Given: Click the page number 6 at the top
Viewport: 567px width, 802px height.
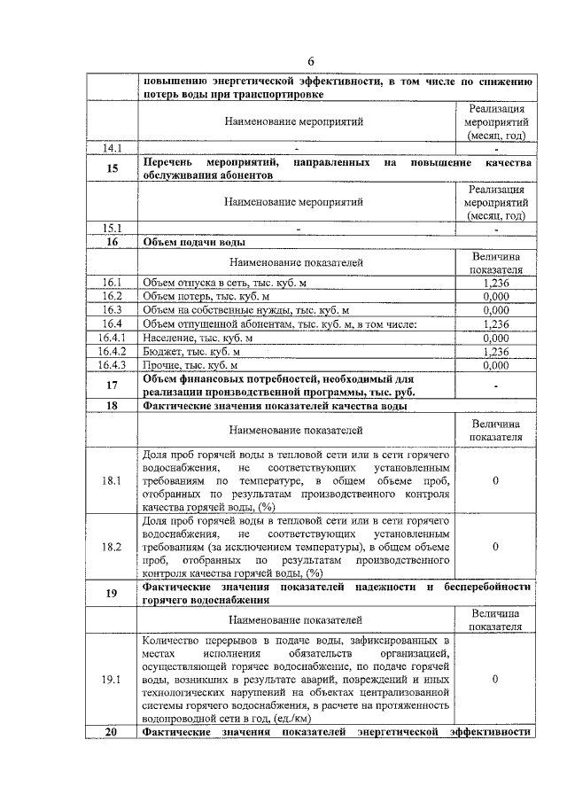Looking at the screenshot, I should click(x=311, y=61).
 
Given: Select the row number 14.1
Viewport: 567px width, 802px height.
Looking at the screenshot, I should click(x=112, y=148).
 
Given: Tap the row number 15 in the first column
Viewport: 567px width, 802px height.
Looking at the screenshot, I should click(x=112, y=170).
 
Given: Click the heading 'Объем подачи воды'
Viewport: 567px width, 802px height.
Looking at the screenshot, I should click(x=194, y=241).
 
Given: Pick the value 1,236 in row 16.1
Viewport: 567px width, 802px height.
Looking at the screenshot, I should click(x=496, y=283).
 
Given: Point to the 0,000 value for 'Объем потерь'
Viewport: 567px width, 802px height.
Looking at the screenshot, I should click(x=496, y=296).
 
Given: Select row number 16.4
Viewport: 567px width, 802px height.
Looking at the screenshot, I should click(x=112, y=323).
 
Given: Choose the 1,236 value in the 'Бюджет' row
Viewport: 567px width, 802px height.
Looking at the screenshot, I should click(x=496, y=351).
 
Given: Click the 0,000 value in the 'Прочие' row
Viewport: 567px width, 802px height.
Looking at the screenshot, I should click(x=496, y=364).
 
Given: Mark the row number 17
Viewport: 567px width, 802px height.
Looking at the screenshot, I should click(x=112, y=385).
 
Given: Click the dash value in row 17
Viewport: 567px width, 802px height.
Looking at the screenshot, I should click(x=496, y=385).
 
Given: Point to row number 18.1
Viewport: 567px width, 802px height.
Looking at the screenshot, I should click(x=112, y=481).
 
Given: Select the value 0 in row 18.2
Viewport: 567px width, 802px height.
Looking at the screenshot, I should click(x=496, y=547).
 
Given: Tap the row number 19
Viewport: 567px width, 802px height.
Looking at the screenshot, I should click(x=112, y=594).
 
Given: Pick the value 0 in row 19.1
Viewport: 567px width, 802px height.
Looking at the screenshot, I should click(x=496, y=678).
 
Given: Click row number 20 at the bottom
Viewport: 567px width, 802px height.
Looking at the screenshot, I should click(x=112, y=731).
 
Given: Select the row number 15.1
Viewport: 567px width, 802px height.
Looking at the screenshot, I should click(x=112, y=228).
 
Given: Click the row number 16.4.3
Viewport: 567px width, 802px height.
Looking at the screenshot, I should click(x=112, y=364).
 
